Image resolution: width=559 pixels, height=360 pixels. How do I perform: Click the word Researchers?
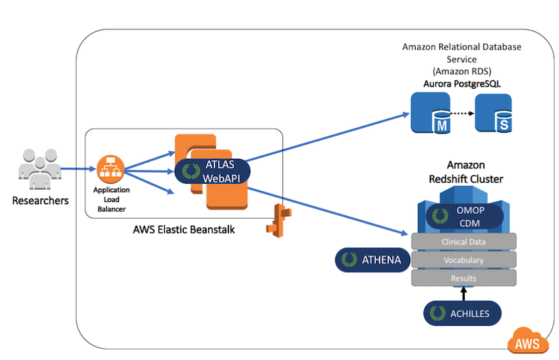[x=41, y=201]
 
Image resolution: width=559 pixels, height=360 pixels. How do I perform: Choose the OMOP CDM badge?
[x=465, y=217]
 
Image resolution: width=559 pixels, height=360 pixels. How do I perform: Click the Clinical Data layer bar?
[x=464, y=243]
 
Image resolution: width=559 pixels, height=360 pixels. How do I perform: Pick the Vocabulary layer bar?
[x=464, y=260]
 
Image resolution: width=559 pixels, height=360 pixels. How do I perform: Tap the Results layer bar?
[x=464, y=278]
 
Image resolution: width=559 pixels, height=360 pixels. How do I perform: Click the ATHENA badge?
[x=371, y=260]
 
